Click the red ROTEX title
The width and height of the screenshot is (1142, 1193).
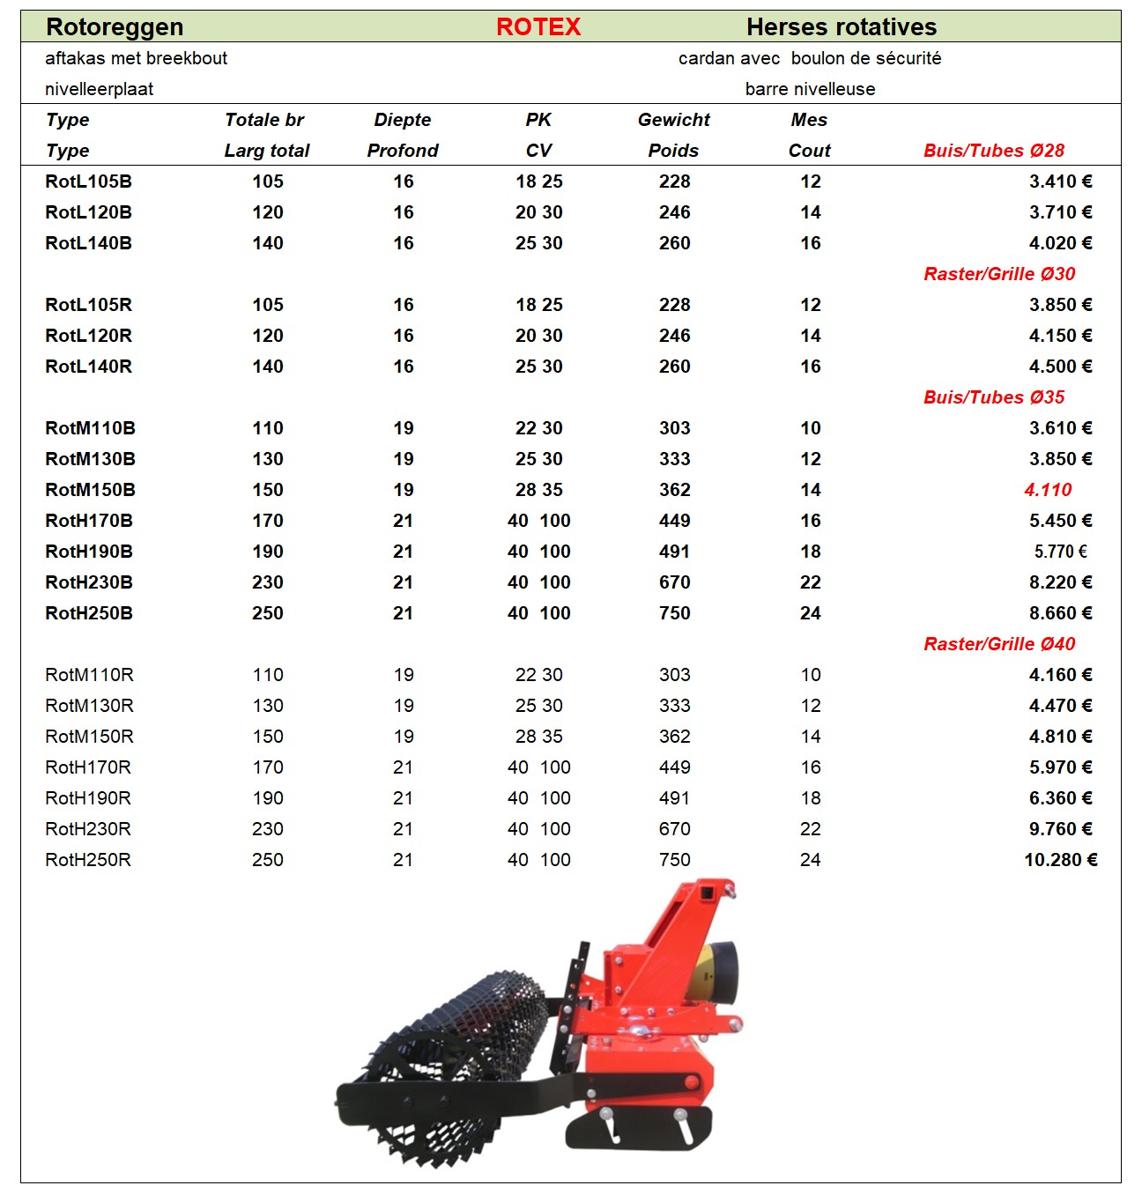[538, 27]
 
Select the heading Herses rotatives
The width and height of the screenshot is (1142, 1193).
[841, 27]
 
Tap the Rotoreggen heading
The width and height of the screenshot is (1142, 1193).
[115, 27]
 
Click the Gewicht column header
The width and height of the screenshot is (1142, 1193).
[673, 120]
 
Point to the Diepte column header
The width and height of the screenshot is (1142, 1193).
[403, 120]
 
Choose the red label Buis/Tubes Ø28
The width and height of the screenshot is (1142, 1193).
[994, 151]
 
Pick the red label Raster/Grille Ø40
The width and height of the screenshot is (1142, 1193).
[999, 644]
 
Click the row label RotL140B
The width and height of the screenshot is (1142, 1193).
[88, 243]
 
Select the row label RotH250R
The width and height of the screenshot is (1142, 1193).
[88, 860]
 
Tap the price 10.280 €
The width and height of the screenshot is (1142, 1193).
[1060, 860]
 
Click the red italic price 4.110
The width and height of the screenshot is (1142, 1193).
[1048, 490]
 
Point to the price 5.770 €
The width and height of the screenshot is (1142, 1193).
[1060, 552]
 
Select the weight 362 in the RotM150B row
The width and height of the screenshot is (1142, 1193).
[674, 490]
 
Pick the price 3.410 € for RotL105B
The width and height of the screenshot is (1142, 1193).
[1060, 182]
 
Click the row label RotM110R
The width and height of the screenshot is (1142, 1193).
[89, 675]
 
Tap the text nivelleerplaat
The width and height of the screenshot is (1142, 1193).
[99, 89]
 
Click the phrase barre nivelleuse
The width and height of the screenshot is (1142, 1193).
[810, 89]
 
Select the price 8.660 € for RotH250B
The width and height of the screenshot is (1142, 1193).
[1060, 613]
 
